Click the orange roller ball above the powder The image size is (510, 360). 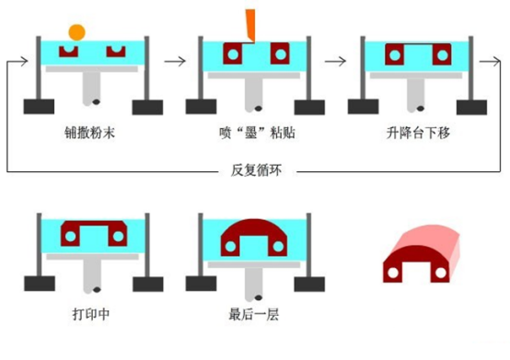pyautogui.click(x=76, y=32)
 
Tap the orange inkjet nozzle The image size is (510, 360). pyautogui.click(x=250, y=25)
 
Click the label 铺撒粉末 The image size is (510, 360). pyautogui.click(x=90, y=133)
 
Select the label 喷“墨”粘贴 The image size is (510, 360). pyautogui.click(x=257, y=133)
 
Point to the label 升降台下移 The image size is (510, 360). pyautogui.click(x=418, y=133)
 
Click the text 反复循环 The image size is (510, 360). pyautogui.click(x=256, y=170)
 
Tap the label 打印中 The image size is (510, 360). pyautogui.click(x=91, y=314)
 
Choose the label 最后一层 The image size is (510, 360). pyautogui.click(x=254, y=314)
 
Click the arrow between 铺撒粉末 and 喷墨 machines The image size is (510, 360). pyautogui.click(x=175, y=61)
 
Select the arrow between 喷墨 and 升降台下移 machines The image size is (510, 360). pyautogui.click(x=335, y=61)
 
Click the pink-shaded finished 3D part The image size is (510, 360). pyautogui.click(x=422, y=254)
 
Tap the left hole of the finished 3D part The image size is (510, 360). pyautogui.click(x=393, y=273)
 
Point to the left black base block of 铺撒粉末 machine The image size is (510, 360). pyautogui.click(x=39, y=107)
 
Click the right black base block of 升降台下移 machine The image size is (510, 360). pyautogui.click(x=471, y=108)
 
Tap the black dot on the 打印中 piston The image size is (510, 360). pyautogui.click(x=97, y=289)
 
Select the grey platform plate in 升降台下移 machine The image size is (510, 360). pyautogui.click(x=416, y=75)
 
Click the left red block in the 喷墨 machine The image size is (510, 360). pyautogui.click(x=233, y=53)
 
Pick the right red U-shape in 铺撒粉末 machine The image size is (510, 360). pyautogui.click(x=116, y=52)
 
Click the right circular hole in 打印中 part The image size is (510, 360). pyautogui.click(x=118, y=236)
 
